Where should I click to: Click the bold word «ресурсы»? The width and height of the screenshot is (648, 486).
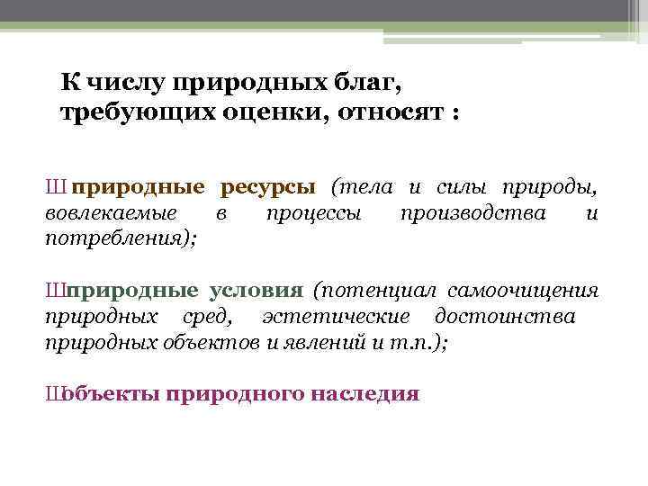[267, 187]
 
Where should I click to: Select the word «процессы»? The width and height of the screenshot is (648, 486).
[314, 213]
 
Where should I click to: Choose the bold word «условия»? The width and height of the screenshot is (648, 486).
[256, 291]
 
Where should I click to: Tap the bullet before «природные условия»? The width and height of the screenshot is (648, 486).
[55, 292]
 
